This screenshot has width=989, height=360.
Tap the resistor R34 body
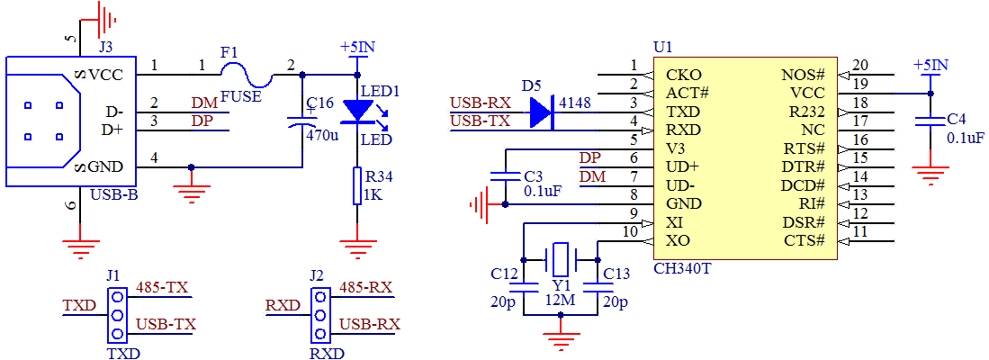click(359, 188)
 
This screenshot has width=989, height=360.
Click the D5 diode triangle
click(542, 112)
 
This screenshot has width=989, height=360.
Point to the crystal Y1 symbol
click(561, 260)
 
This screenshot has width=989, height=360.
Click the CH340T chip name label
click(688, 268)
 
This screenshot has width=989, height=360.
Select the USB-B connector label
click(114, 194)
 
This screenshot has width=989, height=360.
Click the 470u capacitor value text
click(322, 137)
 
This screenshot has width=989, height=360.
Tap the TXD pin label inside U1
click(683, 112)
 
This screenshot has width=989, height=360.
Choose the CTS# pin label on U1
click(804, 240)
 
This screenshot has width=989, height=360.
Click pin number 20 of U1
click(860, 65)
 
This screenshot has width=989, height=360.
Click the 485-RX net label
click(365, 288)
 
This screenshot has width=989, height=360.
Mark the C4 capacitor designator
click(957, 119)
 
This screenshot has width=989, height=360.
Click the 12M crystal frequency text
click(562, 301)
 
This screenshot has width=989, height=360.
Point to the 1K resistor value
click(373, 194)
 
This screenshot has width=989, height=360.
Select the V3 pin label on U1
click(676, 148)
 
